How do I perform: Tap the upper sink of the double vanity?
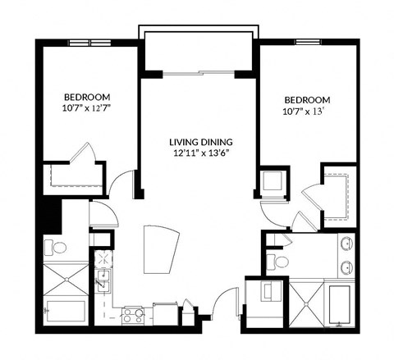point(347,244)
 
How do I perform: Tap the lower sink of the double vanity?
point(347,267)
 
